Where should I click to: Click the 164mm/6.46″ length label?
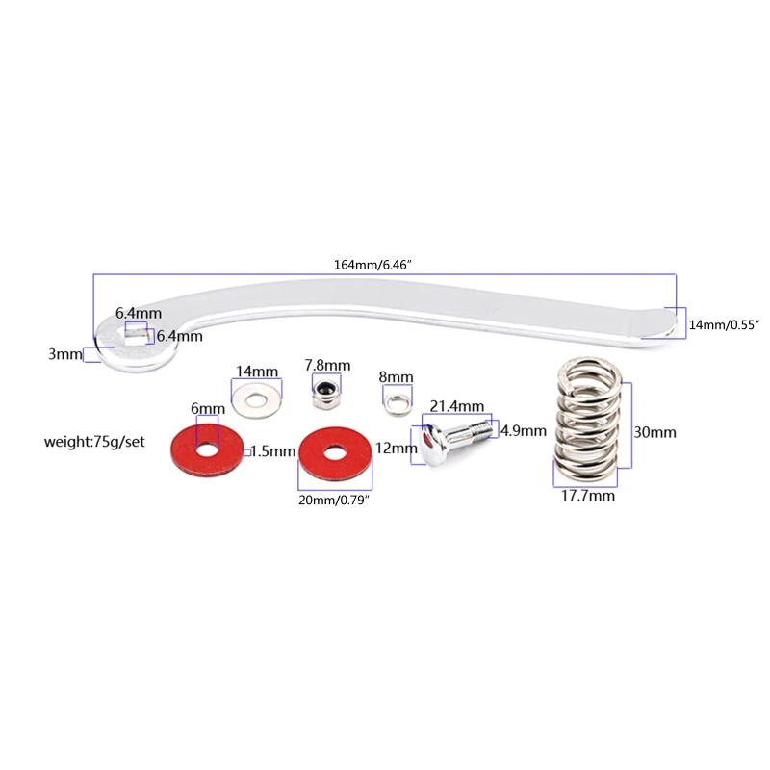(385, 265)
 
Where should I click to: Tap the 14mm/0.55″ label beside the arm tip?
(724, 326)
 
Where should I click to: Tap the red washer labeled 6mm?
(204, 449)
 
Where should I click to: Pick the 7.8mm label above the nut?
(327, 366)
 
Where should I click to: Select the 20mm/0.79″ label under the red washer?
(337, 502)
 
